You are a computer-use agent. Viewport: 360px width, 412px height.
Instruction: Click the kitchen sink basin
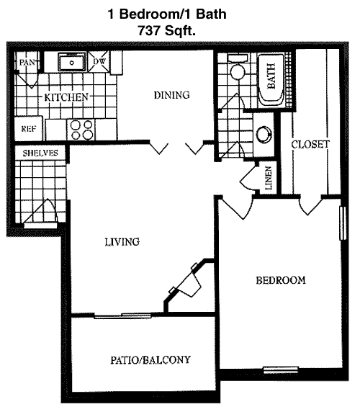coord(72,62)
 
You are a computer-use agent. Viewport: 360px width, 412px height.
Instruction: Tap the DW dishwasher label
coord(99,61)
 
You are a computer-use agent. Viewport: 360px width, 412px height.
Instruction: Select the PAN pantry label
coord(27,63)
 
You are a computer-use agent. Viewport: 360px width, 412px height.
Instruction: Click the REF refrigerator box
coord(29,129)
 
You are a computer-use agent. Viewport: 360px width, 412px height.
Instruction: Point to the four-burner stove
coord(81,130)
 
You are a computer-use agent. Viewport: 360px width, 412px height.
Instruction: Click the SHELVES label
coord(40,153)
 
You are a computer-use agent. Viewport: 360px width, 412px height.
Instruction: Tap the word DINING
coord(172,95)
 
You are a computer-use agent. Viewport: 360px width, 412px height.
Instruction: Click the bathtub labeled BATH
coord(271,80)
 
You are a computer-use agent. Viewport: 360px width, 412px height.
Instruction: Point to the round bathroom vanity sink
coord(264,134)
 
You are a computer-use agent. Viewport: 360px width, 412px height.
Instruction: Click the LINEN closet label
coord(268,179)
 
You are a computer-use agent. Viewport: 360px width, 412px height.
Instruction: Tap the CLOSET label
coord(310,144)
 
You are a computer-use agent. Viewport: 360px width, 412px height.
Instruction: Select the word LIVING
coord(122,242)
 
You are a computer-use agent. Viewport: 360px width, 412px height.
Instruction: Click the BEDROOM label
coord(281,280)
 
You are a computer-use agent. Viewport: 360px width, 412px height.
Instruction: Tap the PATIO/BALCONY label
coord(150,359)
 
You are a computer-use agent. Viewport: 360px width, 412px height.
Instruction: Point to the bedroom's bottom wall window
coord(281,370)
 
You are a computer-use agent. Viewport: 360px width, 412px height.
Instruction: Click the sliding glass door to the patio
coord(122,315)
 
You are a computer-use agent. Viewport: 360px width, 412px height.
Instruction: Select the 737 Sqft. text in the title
coord(167,31)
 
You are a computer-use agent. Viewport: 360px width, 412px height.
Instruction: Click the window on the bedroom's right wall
coord(343,223)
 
